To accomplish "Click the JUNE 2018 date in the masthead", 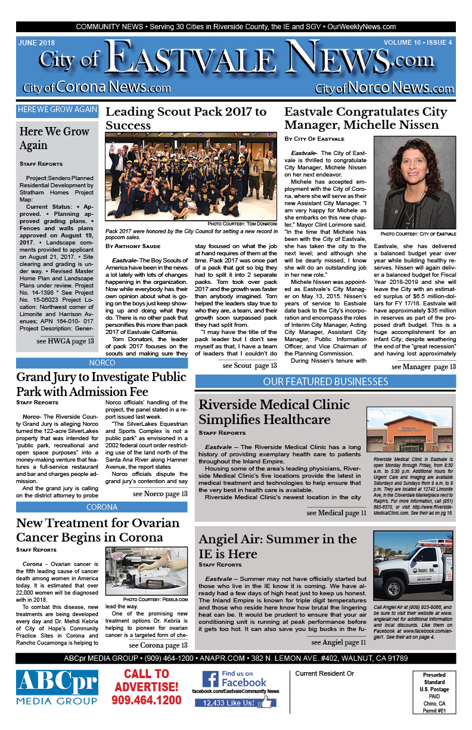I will click(x=37, y=42).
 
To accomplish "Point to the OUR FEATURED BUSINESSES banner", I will click(x=325, y=382).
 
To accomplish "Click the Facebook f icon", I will click(x=210, y=679).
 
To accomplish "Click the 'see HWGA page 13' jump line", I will click(x=65, y=341).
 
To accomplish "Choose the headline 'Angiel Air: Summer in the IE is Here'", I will click(x=278, y=546).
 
